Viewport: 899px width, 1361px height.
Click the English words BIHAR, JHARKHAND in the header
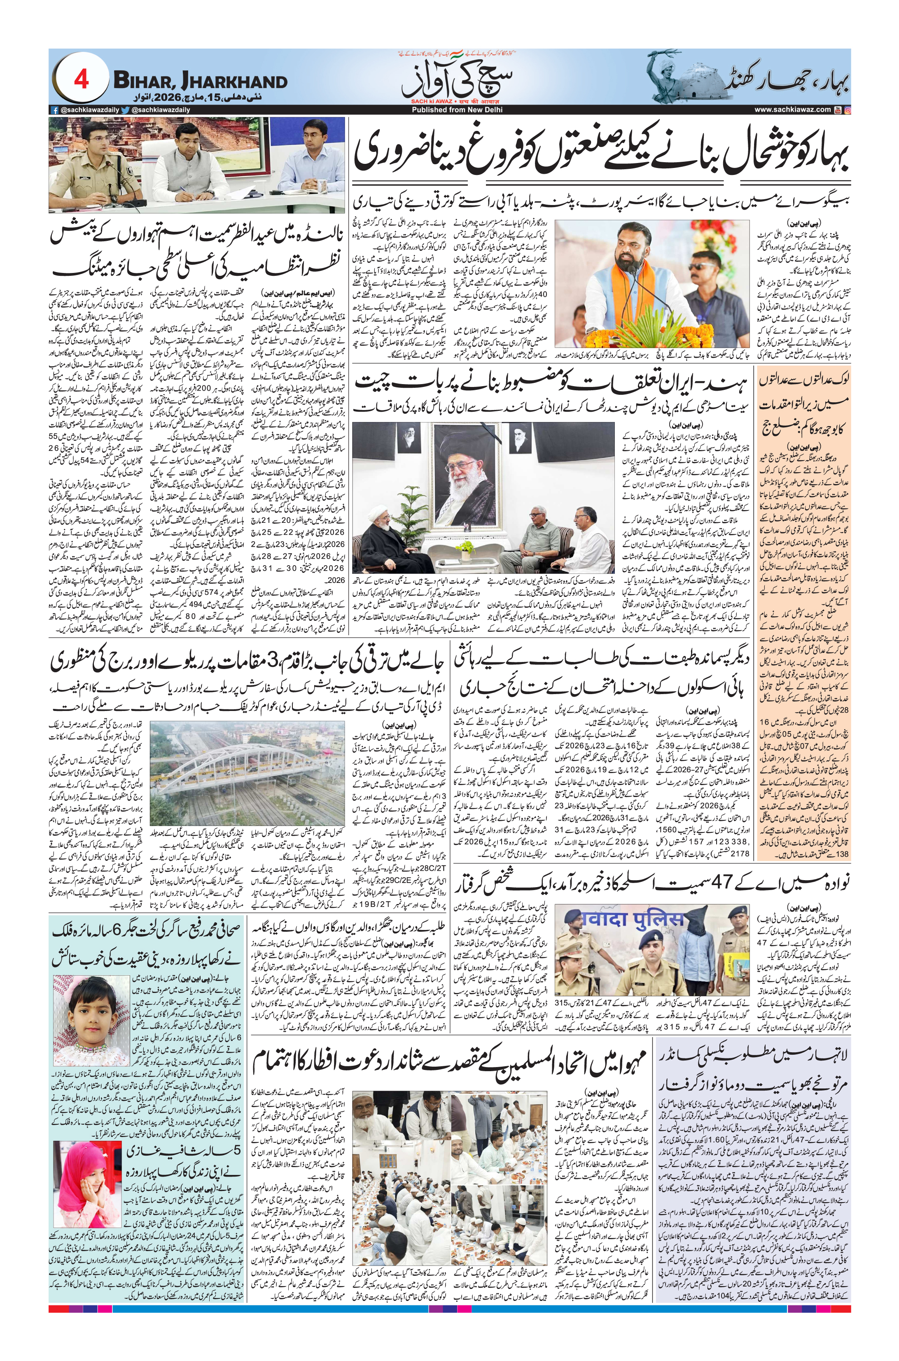200,82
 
